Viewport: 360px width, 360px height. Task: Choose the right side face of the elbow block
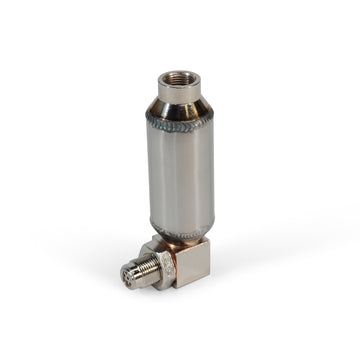[199, 269]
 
